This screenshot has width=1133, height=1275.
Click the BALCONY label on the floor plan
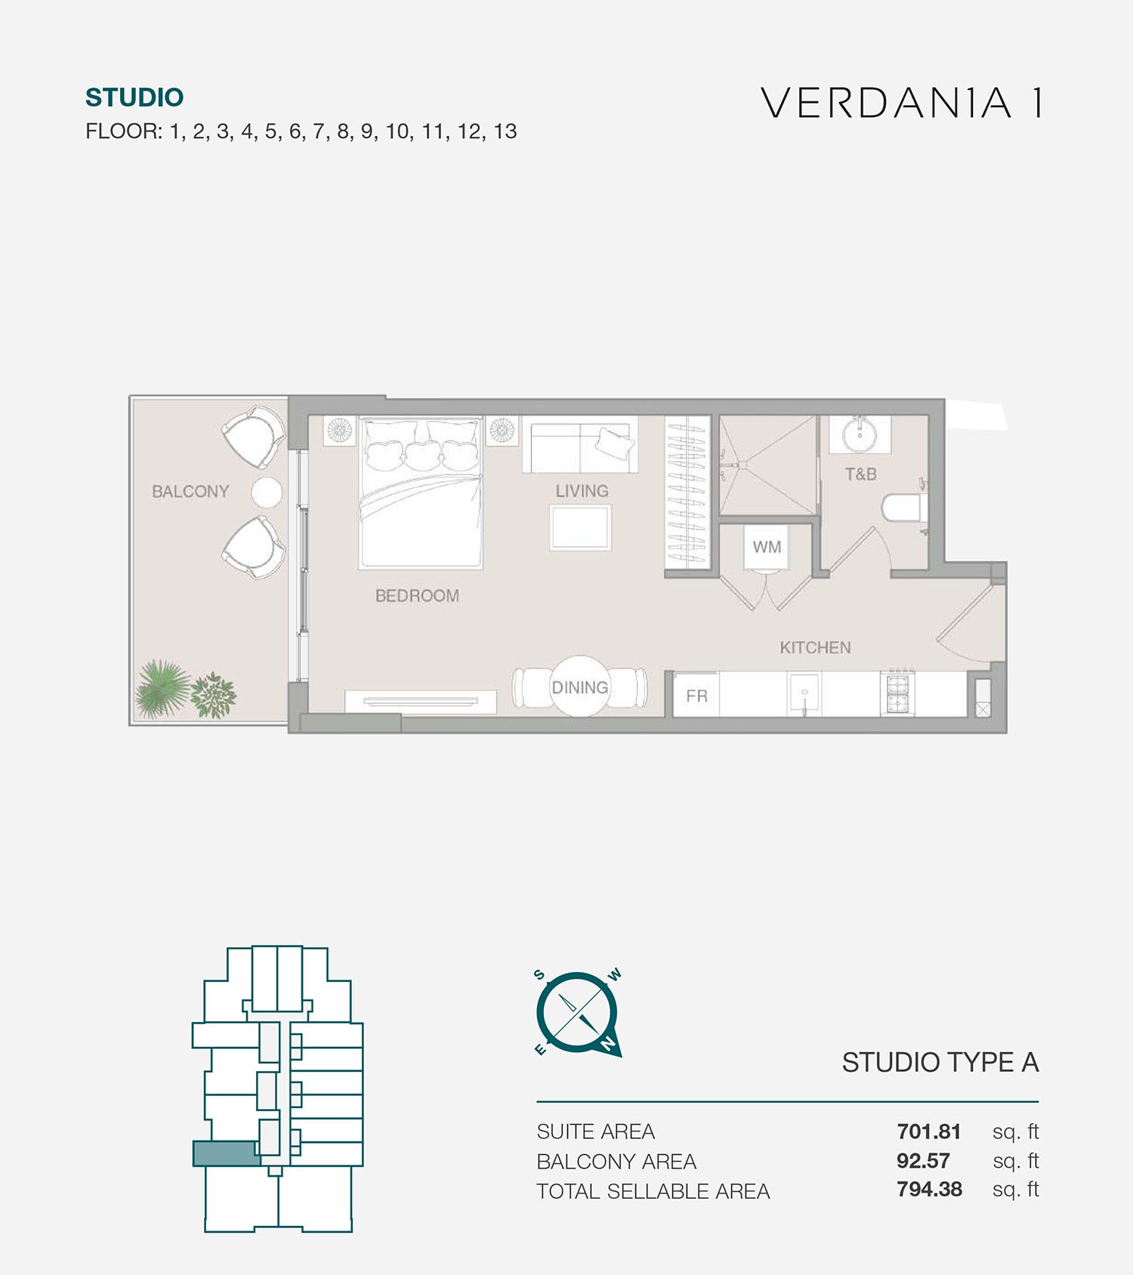(190, 492)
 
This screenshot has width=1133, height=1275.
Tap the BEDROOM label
(417, 596)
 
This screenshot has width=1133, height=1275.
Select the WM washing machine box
(767, 547)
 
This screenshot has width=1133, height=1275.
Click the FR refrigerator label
(696, 696)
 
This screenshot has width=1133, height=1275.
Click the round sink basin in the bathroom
(859, 434)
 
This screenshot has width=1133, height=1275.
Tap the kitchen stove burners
(897, 693)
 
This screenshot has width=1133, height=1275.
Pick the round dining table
(579, 687)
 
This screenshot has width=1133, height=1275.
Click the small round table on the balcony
(267, 492)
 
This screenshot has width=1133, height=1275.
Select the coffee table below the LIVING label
(580, 527)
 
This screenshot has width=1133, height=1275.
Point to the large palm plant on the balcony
(160, 688)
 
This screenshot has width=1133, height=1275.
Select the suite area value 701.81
(929, 1131)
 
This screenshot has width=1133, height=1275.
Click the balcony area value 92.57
(923, 1161)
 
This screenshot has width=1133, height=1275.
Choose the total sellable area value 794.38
(930, 1190)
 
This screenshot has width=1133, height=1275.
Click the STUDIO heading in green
(134, 97)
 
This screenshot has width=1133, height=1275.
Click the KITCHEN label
(815, 647)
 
